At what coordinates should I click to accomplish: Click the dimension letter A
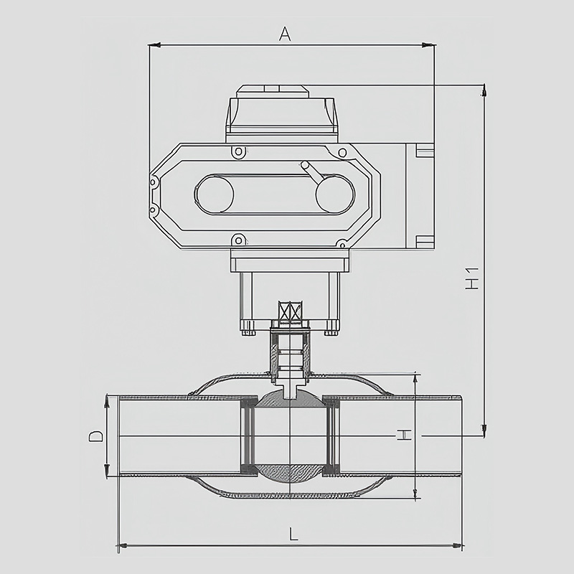pyautogui.click(x=285, y=34)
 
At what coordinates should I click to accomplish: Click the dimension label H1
pyautogui.click(x=472, y=278)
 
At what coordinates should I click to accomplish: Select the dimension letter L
pyautogui.click(x=293, y=534)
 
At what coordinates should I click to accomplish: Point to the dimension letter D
pyautogui.click(x=96, y=436)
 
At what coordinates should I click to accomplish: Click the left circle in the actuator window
pyautogui.click(x=215, y=194)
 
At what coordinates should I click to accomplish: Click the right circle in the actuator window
pyautogui.click(x=335, y=194)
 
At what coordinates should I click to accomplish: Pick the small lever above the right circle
pyautogui.click(x=311, y=170)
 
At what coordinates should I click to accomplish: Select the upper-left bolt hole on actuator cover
pyautogui.click(x=238, y=151)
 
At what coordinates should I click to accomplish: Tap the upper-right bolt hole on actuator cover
pyautogui.click(x=342, y=152)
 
